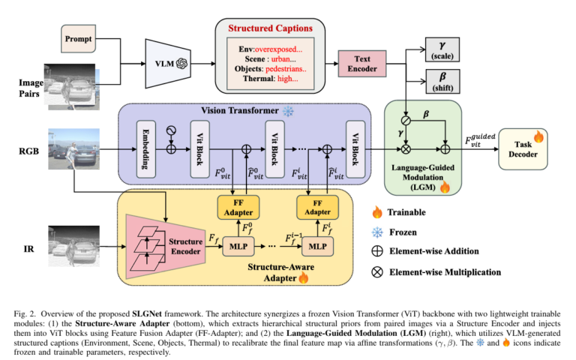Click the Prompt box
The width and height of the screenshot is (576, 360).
click(x=77, y=37)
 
